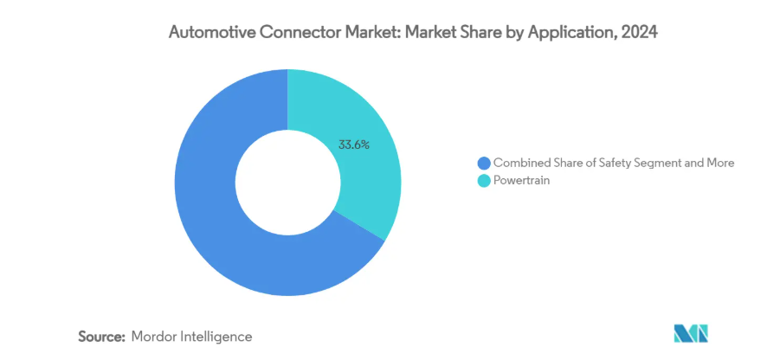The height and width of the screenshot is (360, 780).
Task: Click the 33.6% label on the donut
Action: pos(353,145)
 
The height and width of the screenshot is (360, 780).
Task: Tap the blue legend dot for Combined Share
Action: pos(483,163)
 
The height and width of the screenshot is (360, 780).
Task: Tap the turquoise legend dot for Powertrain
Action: pos(483,180)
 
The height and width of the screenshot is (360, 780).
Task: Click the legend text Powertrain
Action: pos(523,180)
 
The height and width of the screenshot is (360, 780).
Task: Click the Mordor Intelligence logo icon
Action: pos(691,334)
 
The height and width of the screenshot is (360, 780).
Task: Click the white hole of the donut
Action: pos(287,183)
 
